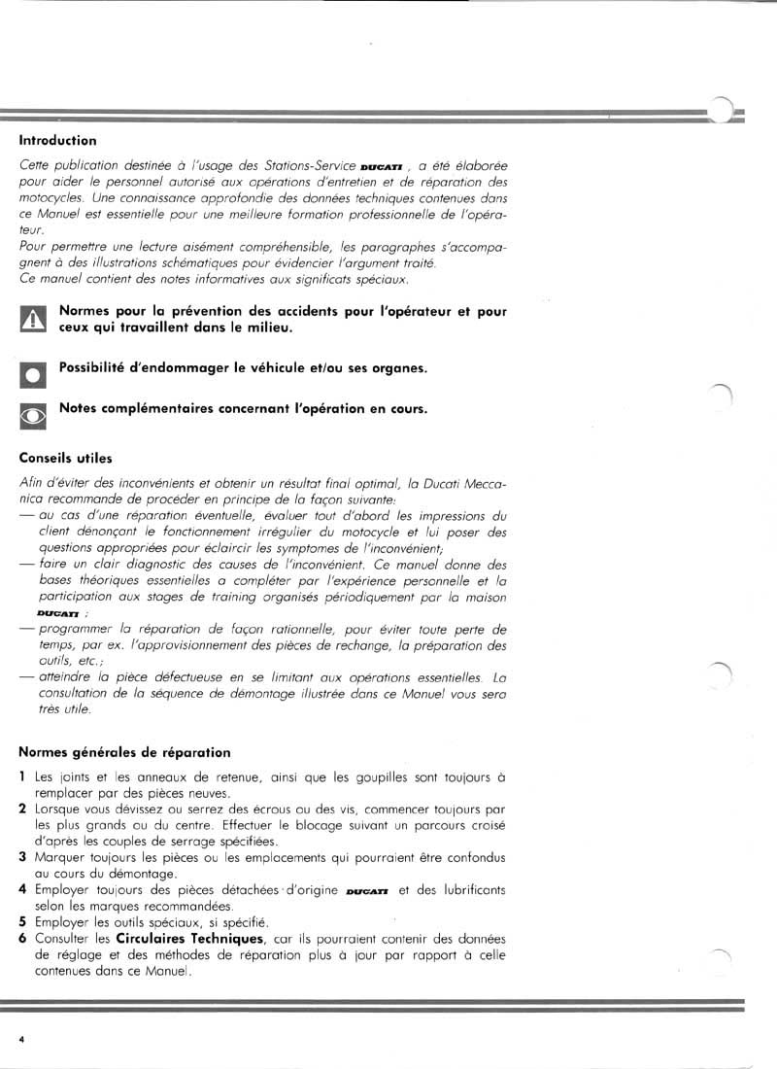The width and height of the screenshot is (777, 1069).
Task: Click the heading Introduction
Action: click(x=57, y=140)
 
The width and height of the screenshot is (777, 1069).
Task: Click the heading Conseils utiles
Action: click(x=66, y=458)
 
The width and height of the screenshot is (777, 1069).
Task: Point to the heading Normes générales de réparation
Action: click(x=125, y=752)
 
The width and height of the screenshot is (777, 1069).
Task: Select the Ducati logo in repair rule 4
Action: click(x=367, y=890)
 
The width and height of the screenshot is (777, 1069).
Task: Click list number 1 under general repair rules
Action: click(x=22, y=777)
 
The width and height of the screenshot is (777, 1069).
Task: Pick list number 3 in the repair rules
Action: click(x=22, y=856)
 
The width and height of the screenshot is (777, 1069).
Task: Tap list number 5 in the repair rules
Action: click(x=22, y=921)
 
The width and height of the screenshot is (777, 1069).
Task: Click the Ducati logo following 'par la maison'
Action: click(x=57, y=614)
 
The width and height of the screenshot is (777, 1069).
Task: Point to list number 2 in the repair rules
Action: click(x=22, y=809)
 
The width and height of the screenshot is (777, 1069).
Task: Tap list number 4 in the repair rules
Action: click(x=22, y=889)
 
